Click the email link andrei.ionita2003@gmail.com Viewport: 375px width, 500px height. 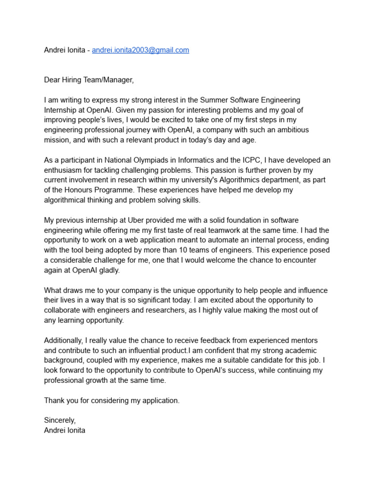[141, 50]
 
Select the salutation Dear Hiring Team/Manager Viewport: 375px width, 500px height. [88, 80]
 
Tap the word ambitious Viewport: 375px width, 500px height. [292, 130]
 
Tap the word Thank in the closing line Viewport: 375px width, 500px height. [55, 400]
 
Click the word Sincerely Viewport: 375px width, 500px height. [60, 420]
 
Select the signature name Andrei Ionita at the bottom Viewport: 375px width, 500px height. [64, 431]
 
